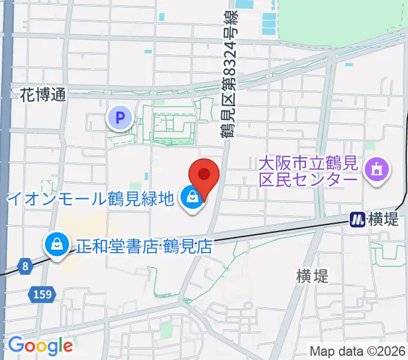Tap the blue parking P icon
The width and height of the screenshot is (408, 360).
pyautogui.click(x=120, y=118)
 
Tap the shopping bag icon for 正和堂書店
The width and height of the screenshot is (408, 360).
pyautogui.click(x=56, y=245)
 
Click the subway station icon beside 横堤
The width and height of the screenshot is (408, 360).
pyautogui.click(x=358, y=220)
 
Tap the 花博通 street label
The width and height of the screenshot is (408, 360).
pyautogui.click(x=42, y=94)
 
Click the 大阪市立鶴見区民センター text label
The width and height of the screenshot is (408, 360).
pyautogui.click(x=308, y=171)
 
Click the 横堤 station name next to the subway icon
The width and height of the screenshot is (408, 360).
pyautogui.click(x=382, y=220)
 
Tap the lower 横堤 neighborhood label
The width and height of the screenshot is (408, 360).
pyautogui.click(x=312, y=276)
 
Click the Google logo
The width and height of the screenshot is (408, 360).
pyautogui.click(x=40, y=346)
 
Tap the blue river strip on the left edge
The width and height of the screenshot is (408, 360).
pyautogui.click(x=6, y=120)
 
